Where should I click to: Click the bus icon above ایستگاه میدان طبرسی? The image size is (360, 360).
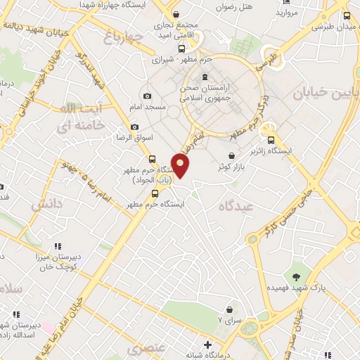click(347, 15)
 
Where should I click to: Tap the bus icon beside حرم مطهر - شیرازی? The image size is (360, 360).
click(182, 49)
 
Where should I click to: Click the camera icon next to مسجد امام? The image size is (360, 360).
click(147, 96)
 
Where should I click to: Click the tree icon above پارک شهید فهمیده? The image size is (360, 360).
click(295, 275)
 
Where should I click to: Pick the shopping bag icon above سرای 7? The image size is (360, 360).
click(230, 309)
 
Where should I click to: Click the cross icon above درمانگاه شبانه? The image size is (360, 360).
click(207, 345)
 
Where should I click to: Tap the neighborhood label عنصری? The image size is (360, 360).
click(146, 349)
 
